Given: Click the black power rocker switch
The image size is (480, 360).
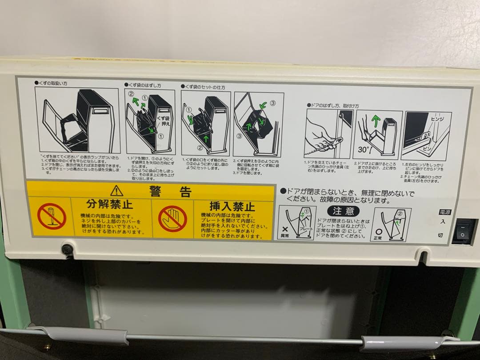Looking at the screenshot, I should (x=463, y=231).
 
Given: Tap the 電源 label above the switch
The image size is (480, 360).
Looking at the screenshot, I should (x=445, y=212).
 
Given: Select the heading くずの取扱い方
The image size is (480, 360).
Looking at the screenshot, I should (x=56, y=83).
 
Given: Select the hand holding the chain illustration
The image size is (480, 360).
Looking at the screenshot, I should (x=322, y=136).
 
